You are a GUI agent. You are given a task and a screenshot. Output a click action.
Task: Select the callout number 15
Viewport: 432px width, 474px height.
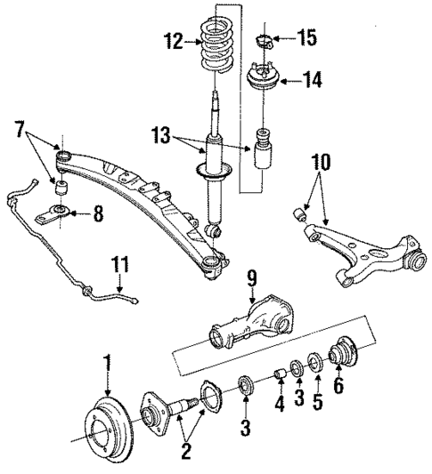click(x=306, y=39)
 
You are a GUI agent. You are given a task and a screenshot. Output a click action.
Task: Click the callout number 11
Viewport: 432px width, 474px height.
click(x=118, y=263)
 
